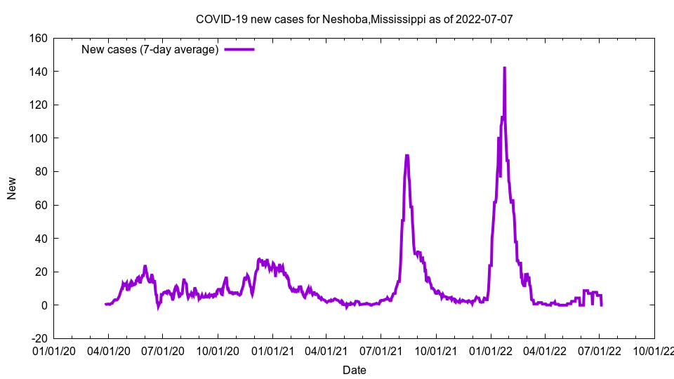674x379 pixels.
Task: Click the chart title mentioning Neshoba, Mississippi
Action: click(354, 19)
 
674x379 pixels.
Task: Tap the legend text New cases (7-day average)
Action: click(150, 49)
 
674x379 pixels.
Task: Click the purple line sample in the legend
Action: click(239, 49)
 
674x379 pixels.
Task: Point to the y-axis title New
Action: click(12, 188)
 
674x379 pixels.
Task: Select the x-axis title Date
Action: click(354, 370)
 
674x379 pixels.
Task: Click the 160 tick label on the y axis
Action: click(38, 38)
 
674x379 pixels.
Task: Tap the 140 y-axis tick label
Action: click(38, 72)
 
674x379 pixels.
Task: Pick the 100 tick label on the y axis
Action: click(38, 138)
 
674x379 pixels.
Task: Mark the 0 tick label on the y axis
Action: click(44, 305)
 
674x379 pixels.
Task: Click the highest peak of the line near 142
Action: click(504, 68)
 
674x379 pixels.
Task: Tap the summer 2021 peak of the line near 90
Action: click(407, 156)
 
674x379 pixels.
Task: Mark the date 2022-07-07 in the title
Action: click(484, 19)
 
